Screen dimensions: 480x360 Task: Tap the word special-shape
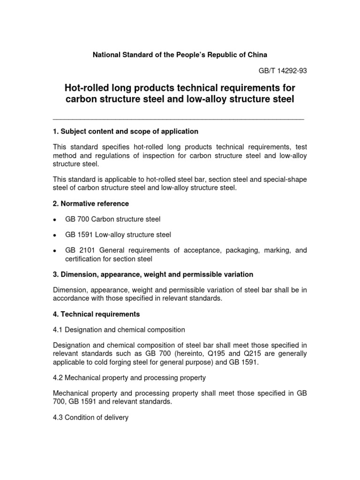point(286,180)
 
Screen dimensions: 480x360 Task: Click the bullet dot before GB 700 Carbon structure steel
point(55,220)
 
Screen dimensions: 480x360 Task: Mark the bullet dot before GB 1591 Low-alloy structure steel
point(55,235)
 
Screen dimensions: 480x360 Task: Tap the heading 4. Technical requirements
point(97,314)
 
